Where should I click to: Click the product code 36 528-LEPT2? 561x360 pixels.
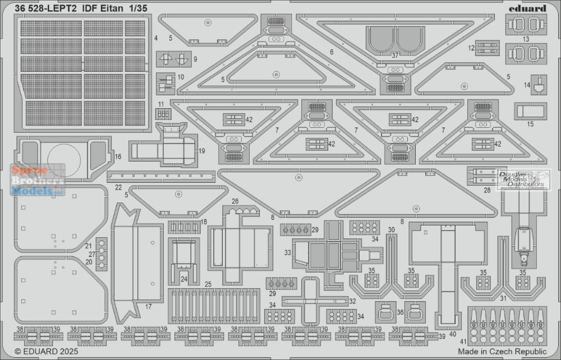45,8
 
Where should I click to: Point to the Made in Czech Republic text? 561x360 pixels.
502,352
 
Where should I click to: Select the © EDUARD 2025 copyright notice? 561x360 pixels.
46,352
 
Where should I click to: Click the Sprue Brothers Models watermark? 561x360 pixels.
38,180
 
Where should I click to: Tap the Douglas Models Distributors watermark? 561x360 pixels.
521,179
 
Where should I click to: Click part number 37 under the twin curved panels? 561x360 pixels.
395,56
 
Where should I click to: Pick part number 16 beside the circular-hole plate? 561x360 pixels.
118,156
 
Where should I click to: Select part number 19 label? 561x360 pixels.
202,151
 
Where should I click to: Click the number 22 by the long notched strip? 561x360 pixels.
118,187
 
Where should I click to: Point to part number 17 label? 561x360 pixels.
149,306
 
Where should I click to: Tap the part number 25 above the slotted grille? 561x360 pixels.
208,284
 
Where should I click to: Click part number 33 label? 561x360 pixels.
288,253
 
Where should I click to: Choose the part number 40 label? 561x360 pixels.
453,334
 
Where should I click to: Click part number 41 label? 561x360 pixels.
464,341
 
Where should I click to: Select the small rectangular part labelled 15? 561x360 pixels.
530,111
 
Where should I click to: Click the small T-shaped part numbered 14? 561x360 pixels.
539,85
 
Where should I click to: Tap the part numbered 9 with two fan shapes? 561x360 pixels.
174,59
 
